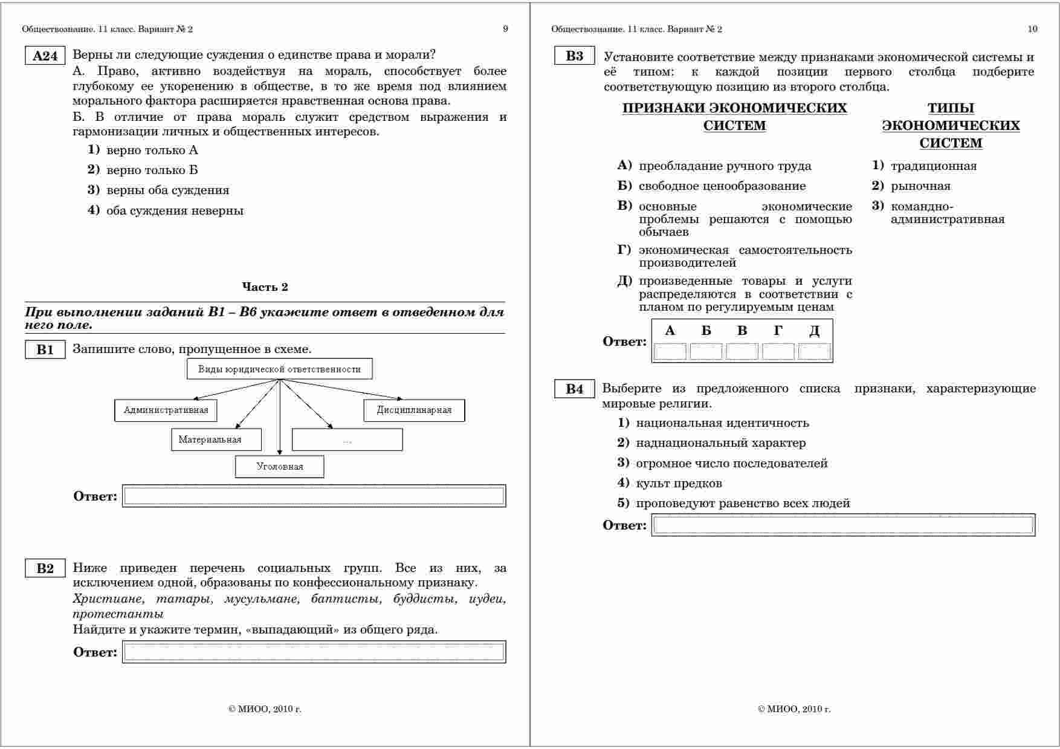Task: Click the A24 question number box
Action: click(45, 56)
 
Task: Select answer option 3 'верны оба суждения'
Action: click(167, 190)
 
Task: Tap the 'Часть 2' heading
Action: click(265, 287)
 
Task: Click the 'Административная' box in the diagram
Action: click(166, 410)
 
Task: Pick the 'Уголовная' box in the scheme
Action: click(279, 467)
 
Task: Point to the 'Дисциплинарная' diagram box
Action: click(414, 410)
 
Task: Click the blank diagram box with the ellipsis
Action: click(347, 440)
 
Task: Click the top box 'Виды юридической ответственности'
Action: click(279, 369)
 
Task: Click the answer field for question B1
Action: click(314, 496)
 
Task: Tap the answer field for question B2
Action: click(314, 652)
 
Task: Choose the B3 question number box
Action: click(574, 56)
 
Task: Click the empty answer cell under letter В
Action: click(742, 351)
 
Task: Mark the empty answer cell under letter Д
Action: click(814, 351)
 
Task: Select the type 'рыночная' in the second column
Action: click(920, 186)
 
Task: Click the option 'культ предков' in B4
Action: click(679, 484)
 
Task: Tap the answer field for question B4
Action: click(843, 525)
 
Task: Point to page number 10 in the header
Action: click(1032, 29)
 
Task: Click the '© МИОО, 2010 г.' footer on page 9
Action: click(265, 710)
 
